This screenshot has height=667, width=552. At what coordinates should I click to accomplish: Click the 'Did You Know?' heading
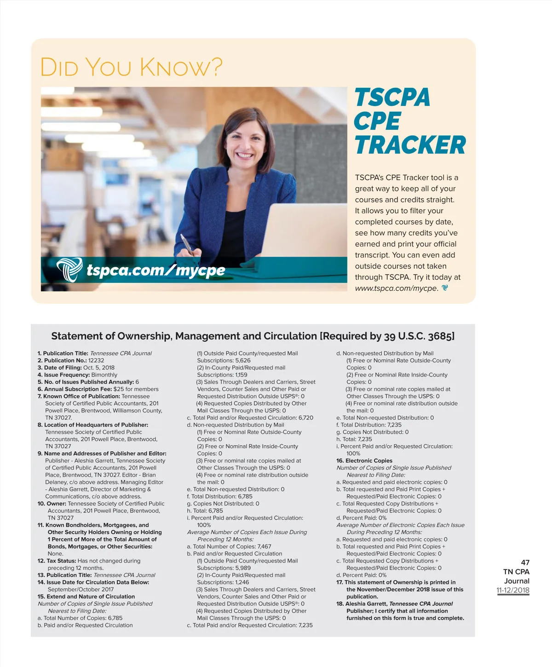(131, 67)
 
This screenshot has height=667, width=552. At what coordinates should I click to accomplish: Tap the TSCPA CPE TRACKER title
(409, 121)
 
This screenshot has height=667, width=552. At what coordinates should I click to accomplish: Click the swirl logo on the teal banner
(69, 269)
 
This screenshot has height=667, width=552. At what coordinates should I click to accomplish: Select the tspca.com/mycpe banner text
(155, 270)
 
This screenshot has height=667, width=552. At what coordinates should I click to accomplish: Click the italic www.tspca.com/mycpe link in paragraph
(396, 288)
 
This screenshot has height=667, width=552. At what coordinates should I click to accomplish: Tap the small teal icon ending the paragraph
(445, 288)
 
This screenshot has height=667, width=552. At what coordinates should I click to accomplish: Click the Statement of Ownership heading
(253, 336)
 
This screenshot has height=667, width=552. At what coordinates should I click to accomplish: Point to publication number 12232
(96, 361)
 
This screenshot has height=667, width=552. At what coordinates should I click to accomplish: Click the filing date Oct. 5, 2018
(99, 368)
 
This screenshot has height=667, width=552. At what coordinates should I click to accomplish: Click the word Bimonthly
(104, 375)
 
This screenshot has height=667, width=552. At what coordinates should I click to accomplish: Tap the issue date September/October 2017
(80, 589)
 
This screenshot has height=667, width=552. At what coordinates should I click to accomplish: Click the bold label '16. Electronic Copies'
(364, 460)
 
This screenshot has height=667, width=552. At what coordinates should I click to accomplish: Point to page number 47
(525, 563)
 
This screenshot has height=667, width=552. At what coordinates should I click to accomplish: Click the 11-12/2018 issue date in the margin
(512, 590)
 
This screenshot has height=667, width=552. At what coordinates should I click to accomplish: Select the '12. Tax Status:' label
(57, 561)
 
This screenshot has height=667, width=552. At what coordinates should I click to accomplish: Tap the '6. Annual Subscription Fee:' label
(75, 389)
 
